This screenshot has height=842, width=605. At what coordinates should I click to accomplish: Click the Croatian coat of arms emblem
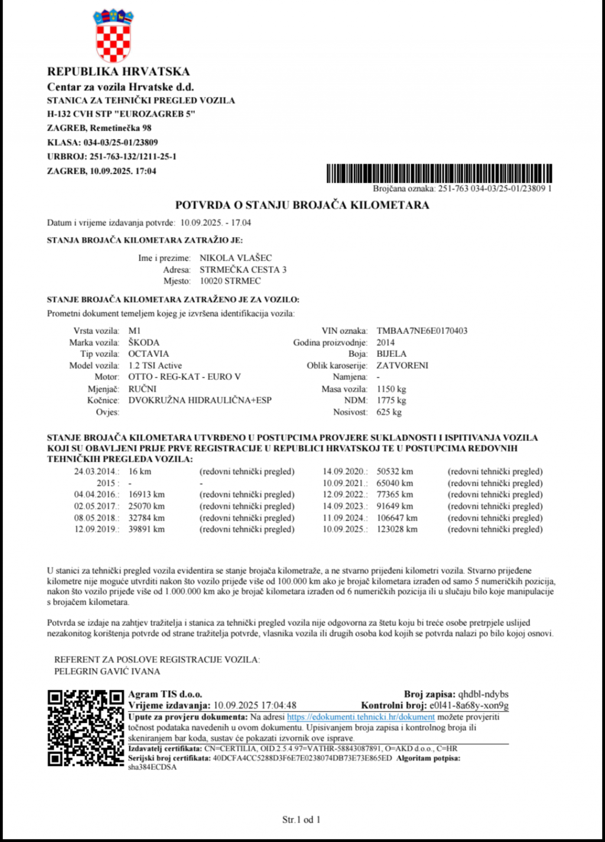(x=114, y=35)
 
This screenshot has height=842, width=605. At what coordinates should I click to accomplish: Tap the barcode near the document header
(x=439, y=173)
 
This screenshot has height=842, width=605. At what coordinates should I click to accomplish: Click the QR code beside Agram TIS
(x=86, y=728)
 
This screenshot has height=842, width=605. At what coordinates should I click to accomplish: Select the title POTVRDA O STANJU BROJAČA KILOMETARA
(x=302, y=205)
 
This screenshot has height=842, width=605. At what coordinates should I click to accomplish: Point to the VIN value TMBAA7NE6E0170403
(x=422, y=331)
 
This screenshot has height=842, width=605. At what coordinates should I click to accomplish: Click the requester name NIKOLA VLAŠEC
(x=236, y=258)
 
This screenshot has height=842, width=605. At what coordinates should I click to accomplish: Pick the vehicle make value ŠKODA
(x=144, y=343)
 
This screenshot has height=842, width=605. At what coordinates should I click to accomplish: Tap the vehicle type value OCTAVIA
(x=148, y=354)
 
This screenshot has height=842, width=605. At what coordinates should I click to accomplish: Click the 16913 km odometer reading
(x=147, y=495)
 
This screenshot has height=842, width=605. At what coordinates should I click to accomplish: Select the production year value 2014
(x=386, y=343)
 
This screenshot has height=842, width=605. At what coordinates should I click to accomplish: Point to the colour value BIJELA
(x=392, y=354)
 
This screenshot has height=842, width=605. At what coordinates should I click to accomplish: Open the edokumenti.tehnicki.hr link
(x=360, y=717)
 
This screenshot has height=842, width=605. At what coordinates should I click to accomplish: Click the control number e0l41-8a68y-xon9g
(x=469, y=706)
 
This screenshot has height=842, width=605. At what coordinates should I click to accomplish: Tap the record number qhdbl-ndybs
(x=483, y=694)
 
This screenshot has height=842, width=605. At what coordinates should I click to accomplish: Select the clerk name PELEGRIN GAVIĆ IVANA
(x=107, y=671)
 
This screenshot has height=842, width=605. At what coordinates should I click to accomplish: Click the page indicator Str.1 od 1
(x=301, y=820)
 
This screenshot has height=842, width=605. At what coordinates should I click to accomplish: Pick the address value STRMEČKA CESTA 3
(x=243, y=269)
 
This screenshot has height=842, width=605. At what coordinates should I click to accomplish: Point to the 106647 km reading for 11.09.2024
(x=397, y=518)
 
